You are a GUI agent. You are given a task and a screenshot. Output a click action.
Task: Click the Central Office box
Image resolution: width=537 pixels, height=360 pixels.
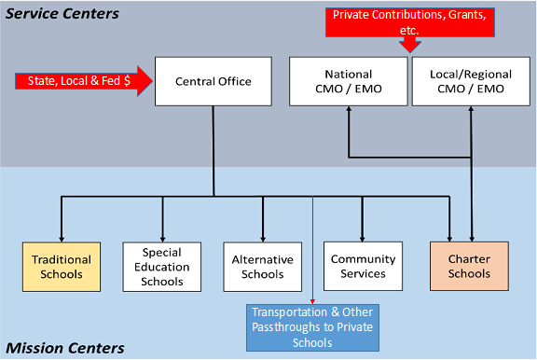pos(213,81)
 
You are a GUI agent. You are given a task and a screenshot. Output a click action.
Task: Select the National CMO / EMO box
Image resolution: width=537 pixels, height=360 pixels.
pos(348,81)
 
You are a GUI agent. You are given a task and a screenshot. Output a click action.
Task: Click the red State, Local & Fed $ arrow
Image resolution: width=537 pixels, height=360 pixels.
pos(84,81)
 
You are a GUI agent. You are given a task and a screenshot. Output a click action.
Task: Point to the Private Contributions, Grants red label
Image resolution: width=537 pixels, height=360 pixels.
pos(408,22)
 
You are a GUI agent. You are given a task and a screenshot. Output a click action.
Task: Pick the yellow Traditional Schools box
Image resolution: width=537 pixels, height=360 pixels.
pos(62,267)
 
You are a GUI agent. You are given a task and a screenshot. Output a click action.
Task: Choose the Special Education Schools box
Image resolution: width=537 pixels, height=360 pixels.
pos(162,267)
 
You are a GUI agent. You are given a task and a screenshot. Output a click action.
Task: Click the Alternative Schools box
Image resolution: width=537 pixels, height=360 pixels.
pos(262,267)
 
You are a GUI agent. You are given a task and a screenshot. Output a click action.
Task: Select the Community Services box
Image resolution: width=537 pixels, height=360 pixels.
pos(363,267)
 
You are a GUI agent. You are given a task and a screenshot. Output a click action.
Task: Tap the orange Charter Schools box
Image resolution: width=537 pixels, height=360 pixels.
pos(469,267)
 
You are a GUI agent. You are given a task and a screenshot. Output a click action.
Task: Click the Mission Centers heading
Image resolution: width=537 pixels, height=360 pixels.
pos(62,348)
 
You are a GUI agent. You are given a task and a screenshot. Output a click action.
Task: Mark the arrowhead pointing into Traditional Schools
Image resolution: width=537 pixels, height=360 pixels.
pos(62,237)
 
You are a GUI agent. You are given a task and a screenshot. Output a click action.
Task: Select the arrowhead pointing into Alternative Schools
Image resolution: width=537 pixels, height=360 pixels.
pos(262,237)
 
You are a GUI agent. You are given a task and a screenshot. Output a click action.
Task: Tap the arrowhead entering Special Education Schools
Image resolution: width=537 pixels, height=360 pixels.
pos(162,237)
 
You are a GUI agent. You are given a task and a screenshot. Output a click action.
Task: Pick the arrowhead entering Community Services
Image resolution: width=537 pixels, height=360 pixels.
pos(363,237)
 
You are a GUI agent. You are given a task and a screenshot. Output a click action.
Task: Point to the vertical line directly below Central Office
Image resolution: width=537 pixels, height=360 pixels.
pos(213,149)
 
